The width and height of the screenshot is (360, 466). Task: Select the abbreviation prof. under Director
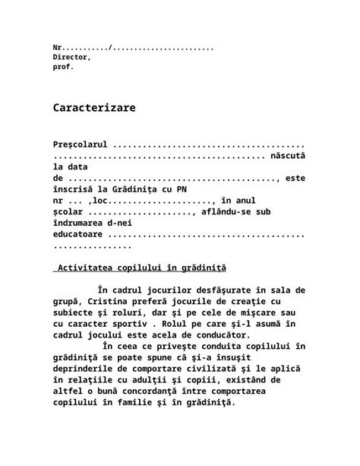click(x=64, y=67)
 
